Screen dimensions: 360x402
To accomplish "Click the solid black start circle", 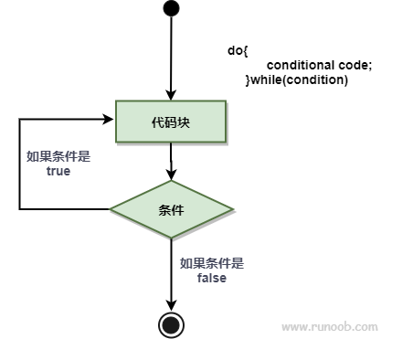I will point(171,9).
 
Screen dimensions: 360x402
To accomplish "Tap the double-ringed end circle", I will point(171,324).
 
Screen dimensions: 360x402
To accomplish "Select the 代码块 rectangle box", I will point(171,122).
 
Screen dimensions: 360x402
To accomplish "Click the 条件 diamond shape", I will point(171,209).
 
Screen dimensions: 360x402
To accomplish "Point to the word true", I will point(58,171).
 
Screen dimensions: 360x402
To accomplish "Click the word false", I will point(212,278).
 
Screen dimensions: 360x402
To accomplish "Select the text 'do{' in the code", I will point(238,51).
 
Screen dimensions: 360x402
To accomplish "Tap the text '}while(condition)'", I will point(297,80).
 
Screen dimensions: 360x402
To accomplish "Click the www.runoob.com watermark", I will point(329,326).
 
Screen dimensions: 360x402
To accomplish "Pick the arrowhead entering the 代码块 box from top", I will point(171,94).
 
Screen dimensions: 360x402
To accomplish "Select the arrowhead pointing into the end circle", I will point(171,305).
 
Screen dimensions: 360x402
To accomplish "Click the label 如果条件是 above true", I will point(58,155).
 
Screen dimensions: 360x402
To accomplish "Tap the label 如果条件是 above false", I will point(212,263).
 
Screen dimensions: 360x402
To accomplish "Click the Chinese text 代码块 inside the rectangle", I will point(171,122).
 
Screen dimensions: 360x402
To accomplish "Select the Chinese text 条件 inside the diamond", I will point(171,209).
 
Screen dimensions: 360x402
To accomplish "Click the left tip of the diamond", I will point(111,209).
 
